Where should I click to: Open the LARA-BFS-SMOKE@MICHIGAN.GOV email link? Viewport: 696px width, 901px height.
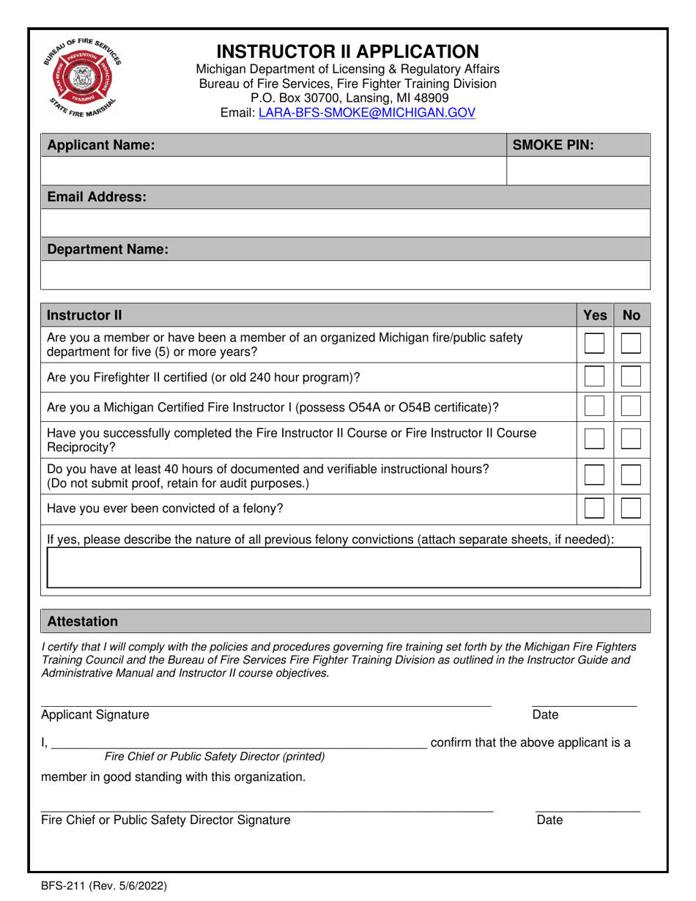367,113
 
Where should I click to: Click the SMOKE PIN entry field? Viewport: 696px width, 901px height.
578,171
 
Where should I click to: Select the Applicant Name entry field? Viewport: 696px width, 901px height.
273,171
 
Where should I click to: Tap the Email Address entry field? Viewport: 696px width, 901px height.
345,223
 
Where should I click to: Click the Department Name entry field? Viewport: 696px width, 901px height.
345,275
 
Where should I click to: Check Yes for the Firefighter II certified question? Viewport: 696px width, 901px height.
594,377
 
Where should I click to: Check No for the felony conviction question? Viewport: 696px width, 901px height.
631,508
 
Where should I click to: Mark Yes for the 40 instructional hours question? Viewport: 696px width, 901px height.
594,475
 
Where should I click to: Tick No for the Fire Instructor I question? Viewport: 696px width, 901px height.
631,407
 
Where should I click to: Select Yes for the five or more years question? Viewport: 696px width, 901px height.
594,344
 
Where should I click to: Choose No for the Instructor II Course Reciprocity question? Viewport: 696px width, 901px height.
631,440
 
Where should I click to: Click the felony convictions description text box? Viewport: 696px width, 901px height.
344,568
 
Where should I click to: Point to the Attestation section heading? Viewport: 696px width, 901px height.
83,621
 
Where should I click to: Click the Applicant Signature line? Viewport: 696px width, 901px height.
265,704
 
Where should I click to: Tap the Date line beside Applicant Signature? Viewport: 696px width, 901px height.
584,704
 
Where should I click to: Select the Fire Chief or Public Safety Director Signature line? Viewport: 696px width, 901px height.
267,809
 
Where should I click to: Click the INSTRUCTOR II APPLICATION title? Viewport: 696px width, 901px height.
348,51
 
